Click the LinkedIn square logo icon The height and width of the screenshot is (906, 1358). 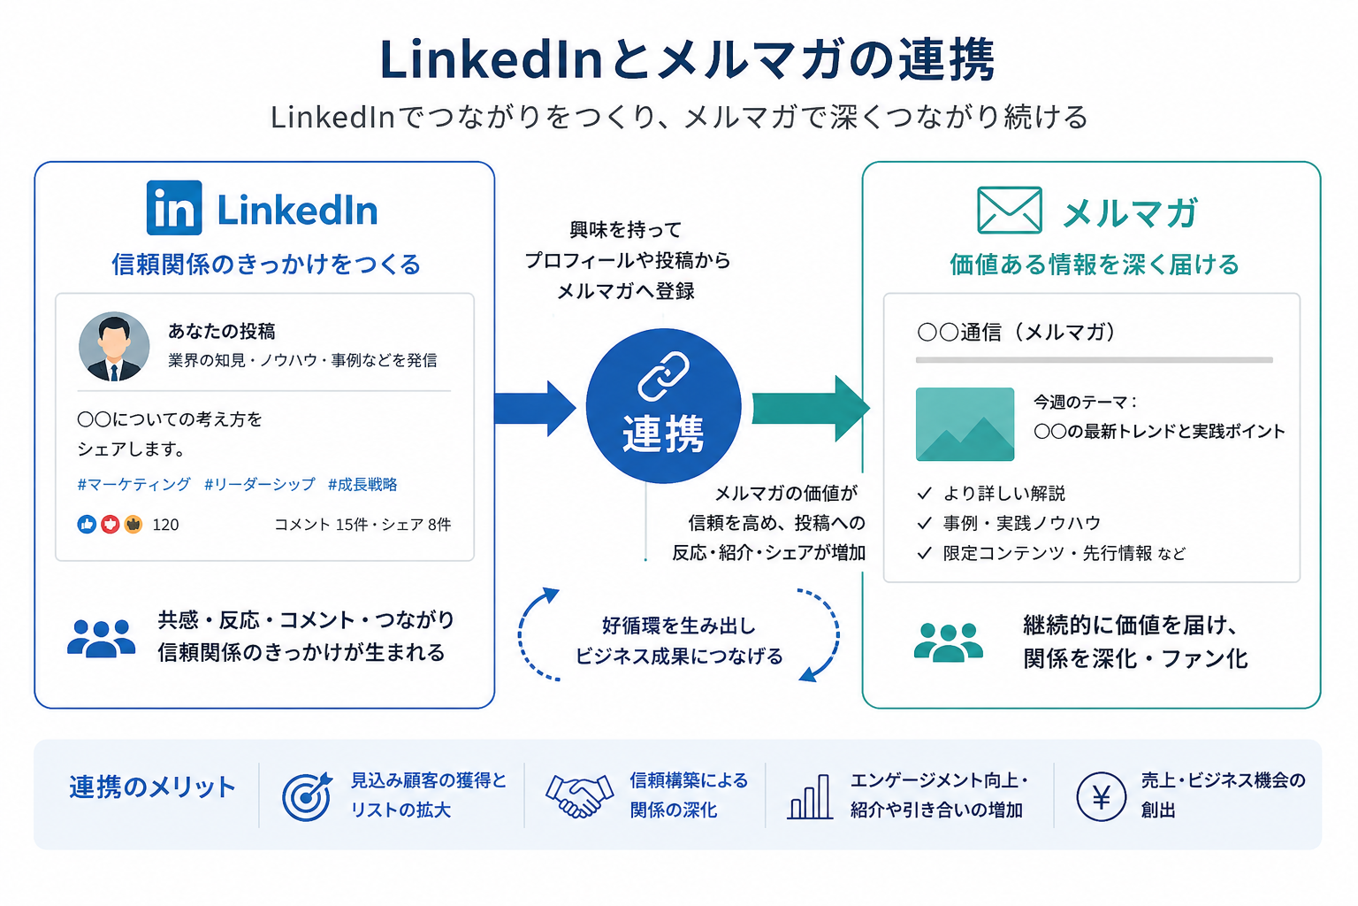point(174,208)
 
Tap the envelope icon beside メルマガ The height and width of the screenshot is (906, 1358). point(1010,210)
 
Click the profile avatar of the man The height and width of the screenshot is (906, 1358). point(114,347)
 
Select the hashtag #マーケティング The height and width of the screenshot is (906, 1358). point(134,484)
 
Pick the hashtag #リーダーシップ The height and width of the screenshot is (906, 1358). point(260,484)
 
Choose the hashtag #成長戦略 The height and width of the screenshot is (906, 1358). point(362,484)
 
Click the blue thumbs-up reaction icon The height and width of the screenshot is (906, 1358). point(87,525)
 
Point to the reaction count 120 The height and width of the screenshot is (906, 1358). point(165,525)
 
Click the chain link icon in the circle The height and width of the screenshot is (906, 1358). point(663,376)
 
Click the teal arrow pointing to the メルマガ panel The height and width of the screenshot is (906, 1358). point(811,409)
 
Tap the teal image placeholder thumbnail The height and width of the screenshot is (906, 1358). point(965,424)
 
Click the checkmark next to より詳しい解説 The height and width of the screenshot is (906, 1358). point(924,494)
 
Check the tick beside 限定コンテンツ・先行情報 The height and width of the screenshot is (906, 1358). point(924,553)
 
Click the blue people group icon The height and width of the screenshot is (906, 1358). point(102,638)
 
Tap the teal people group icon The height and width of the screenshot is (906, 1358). point(948,642)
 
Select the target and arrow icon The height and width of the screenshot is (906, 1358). point(308,795)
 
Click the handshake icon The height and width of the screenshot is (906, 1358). point(579,795)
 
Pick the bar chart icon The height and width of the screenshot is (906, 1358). point(810,797)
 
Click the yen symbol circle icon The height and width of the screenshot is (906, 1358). point(1101,797)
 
